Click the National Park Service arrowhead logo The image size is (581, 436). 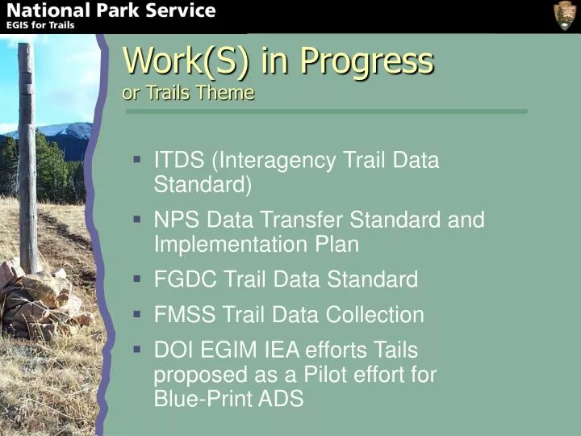pos(564,15)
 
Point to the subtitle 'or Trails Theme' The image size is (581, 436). pos(188,92)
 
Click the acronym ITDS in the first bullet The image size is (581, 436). pos(178,160)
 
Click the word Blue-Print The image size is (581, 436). pos(200,399)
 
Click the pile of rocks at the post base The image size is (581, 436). pos(36,295)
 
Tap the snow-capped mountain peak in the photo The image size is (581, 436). pos(69,129)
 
